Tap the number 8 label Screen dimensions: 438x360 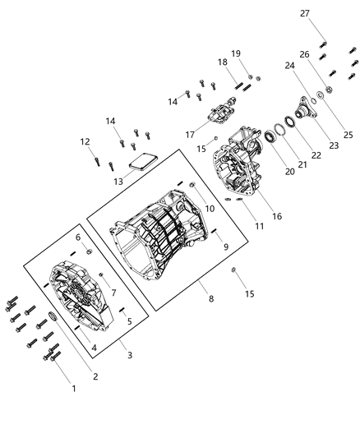[x=211, y=300]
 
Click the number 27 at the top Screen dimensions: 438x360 [x=328, y=13]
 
